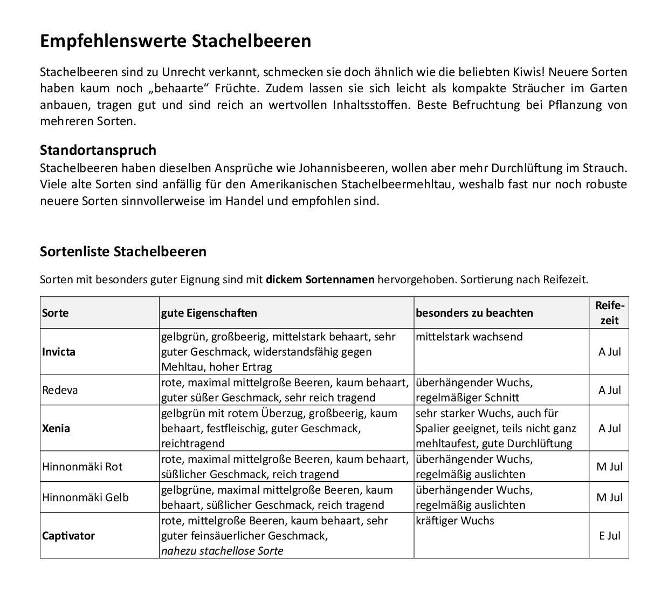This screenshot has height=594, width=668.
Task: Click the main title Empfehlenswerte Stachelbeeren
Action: point(175,42)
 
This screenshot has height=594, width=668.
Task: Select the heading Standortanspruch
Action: point(98,150)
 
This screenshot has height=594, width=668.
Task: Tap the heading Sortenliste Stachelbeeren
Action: point(123,251)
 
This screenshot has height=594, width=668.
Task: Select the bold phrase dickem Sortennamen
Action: point(320,279)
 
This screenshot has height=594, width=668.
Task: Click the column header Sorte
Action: point(56,313)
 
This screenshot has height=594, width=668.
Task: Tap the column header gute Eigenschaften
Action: point(209,313)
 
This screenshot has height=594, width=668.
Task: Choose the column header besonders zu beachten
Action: point(474,313)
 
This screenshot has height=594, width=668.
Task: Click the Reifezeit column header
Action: point(609,313)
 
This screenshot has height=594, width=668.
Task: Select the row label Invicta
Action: point(59,352)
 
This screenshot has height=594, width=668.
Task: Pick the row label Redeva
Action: point(60,390)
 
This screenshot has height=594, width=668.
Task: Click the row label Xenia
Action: point(56,428)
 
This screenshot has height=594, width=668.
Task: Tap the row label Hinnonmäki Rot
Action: point(82,467)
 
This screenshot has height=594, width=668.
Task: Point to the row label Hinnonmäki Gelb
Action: point(85,497)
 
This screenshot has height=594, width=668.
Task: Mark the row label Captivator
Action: point(68,536)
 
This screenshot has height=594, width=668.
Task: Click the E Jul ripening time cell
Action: point(609,536)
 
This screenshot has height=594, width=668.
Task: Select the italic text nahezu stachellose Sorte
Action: point(222,551)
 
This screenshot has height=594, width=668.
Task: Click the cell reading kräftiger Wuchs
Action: point(454,521)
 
